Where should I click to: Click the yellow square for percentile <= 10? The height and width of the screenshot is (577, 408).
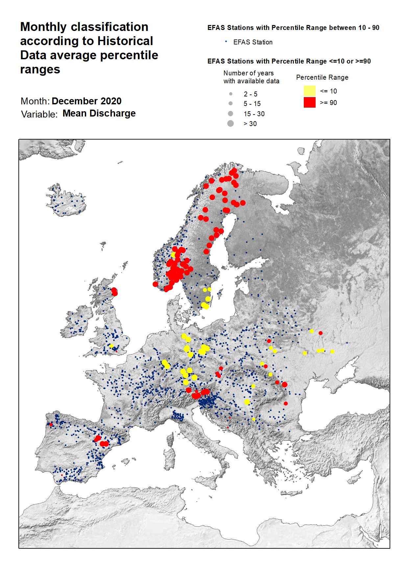coord(309,91)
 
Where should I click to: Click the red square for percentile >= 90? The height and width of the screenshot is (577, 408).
coord(309,102)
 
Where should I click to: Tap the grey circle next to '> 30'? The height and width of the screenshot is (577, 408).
coord(230,123)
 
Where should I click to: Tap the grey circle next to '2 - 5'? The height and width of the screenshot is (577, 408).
coord(231,94)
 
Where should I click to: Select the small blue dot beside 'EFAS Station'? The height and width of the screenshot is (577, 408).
coord(226,41)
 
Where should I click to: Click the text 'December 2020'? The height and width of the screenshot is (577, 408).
coord(86,101)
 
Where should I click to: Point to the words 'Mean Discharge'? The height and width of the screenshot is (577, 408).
coord(99,113)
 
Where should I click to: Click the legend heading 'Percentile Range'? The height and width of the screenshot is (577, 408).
coord(322,77)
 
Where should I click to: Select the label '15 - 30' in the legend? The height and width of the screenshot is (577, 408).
coord(254,114)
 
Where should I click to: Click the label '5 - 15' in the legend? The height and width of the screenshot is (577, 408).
coord(252,104)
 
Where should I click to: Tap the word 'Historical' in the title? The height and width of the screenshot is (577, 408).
coord(125,41)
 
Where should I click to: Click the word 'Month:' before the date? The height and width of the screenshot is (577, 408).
coord(35,101)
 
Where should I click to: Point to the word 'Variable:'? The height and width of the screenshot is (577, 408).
coord(39,114)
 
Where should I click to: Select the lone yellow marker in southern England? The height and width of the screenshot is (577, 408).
coord(111,346)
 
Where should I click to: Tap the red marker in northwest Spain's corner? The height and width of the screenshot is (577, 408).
coord(51,425)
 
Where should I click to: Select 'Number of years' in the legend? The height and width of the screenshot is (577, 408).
coord(248,73)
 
